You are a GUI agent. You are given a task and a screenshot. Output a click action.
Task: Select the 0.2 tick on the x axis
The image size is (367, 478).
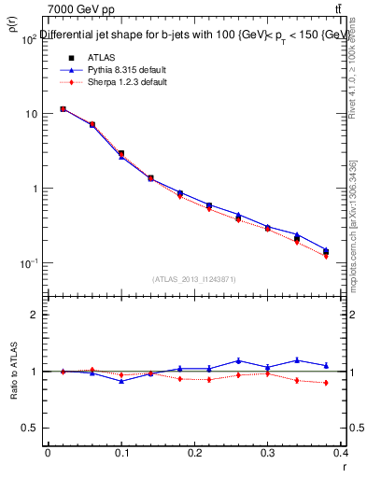pyautogui.click(x=194, y=452)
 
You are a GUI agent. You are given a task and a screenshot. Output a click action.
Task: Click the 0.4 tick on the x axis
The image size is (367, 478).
pyautogui.click(x=341, y=452)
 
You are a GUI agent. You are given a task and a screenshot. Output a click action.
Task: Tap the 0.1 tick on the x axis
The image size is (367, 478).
pyautogui.click(x=120, y=452)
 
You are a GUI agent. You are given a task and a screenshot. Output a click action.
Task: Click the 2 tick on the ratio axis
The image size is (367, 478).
pyautogui.click(x=34, y=316)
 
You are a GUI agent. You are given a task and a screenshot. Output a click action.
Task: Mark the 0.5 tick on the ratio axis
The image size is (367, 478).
pyautogui.click(x=30, y=428)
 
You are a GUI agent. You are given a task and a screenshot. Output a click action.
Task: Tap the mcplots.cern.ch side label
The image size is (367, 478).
pyautogui.click(x=354, y=233)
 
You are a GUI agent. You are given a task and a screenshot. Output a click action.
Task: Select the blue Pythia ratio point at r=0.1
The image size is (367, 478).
pyautogui.click(x=121, y=381)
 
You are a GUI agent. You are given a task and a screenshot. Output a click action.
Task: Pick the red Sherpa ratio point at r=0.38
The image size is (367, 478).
pyautogui.click(x=326, y=383)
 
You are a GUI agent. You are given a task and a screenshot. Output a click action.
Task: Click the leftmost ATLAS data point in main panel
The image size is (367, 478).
pyautogui.click(x=63, y=109)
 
